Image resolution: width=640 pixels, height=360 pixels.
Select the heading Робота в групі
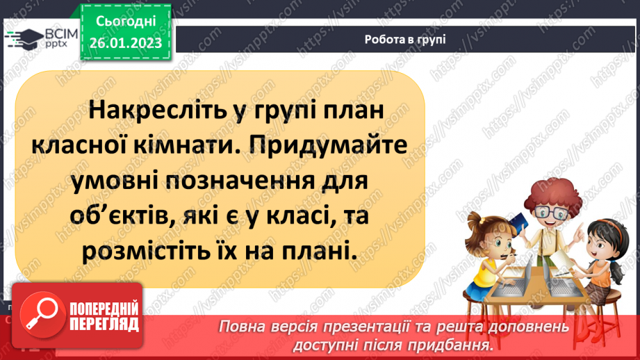404,40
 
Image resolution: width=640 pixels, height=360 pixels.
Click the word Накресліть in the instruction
152,111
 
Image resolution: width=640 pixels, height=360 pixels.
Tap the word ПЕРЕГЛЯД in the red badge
104,325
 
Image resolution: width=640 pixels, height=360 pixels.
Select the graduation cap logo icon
24,40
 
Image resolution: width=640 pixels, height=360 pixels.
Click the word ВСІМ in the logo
59,35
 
